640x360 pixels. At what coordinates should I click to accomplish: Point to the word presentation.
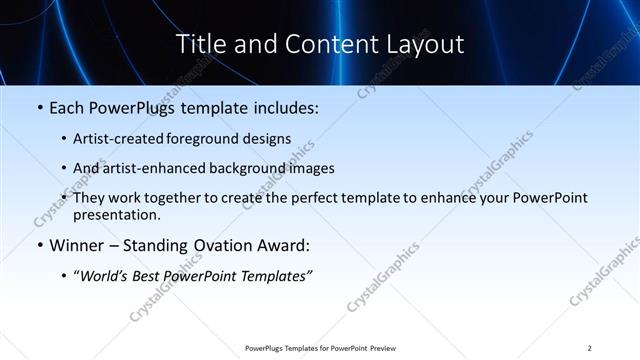116,214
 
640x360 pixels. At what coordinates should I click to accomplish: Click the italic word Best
146,275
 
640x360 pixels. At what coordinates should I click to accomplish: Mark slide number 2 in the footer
590,347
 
